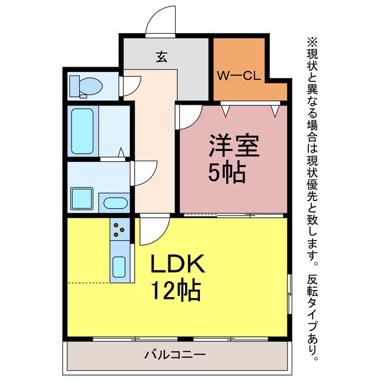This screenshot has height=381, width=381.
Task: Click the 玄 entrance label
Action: [x=161, y=57]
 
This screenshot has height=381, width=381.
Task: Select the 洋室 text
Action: [x=233, y=146]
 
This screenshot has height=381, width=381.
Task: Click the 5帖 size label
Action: [x=226, y=173]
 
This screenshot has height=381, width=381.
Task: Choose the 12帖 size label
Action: [x=174, y=291]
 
